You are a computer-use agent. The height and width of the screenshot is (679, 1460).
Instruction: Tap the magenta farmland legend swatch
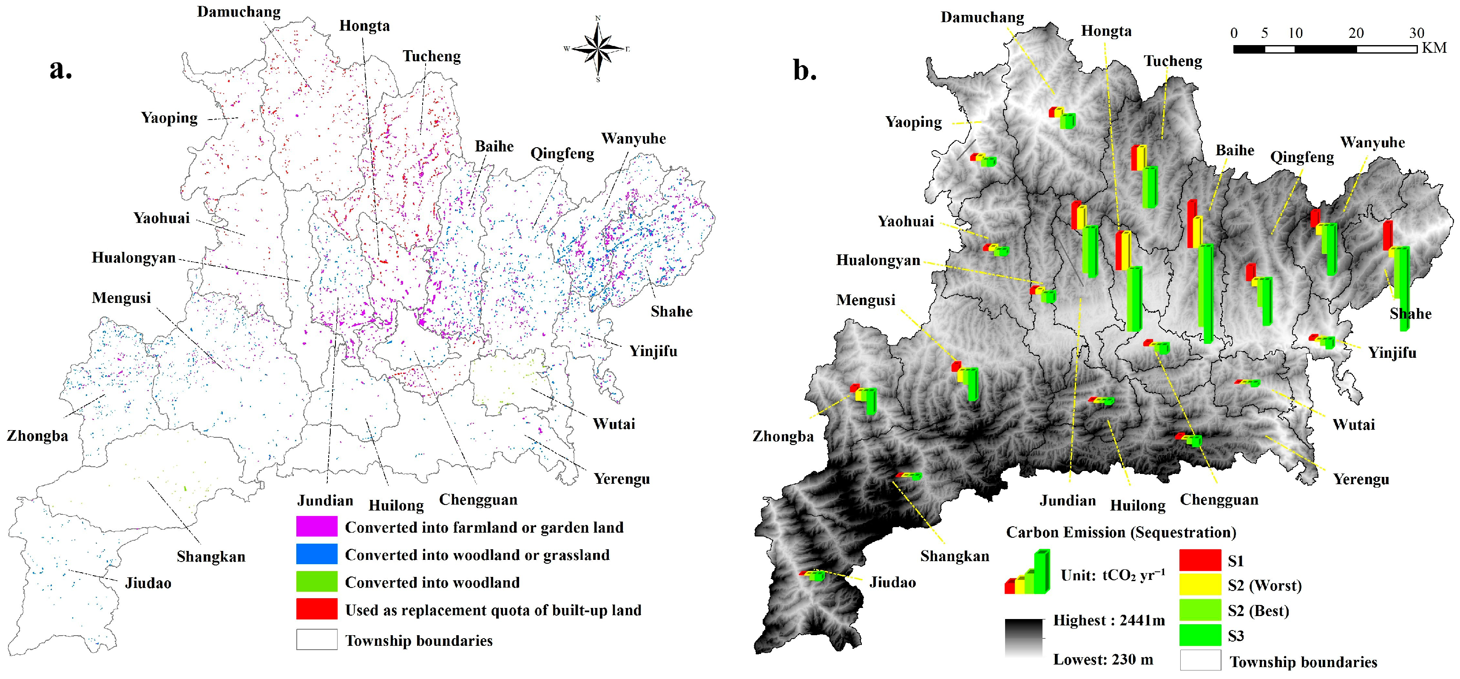click(316, 526)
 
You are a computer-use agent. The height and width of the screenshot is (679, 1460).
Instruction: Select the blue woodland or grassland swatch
click(316, 554)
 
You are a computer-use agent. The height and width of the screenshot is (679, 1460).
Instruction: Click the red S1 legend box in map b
click(1200, 560)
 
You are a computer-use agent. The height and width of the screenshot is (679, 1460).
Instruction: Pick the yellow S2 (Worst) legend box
click(1200, 585)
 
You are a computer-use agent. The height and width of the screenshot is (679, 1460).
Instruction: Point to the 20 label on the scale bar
click(1356, 33)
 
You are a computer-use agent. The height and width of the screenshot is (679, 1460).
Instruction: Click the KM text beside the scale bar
click(1434, 48)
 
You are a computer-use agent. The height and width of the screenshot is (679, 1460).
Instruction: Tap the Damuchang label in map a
click(239, 12)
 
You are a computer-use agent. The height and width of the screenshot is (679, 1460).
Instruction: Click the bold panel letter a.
click(61, 70)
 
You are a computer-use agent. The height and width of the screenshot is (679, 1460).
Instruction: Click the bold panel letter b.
click(804, 71)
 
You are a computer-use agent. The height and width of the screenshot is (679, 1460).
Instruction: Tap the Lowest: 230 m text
click(1103, 660)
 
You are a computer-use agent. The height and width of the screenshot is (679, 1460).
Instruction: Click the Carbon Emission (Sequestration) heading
click(1120, 533)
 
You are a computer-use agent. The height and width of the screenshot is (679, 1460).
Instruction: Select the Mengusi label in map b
click(866, 300)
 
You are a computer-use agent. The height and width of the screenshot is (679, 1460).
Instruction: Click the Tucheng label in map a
click(431, 56)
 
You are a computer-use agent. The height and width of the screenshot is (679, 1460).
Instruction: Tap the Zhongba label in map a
click(37, 436)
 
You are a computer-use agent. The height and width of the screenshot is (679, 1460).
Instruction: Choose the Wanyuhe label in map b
click(1372, 143)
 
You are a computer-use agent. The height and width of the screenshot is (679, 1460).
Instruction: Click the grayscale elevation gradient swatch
click(1024, 638)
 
